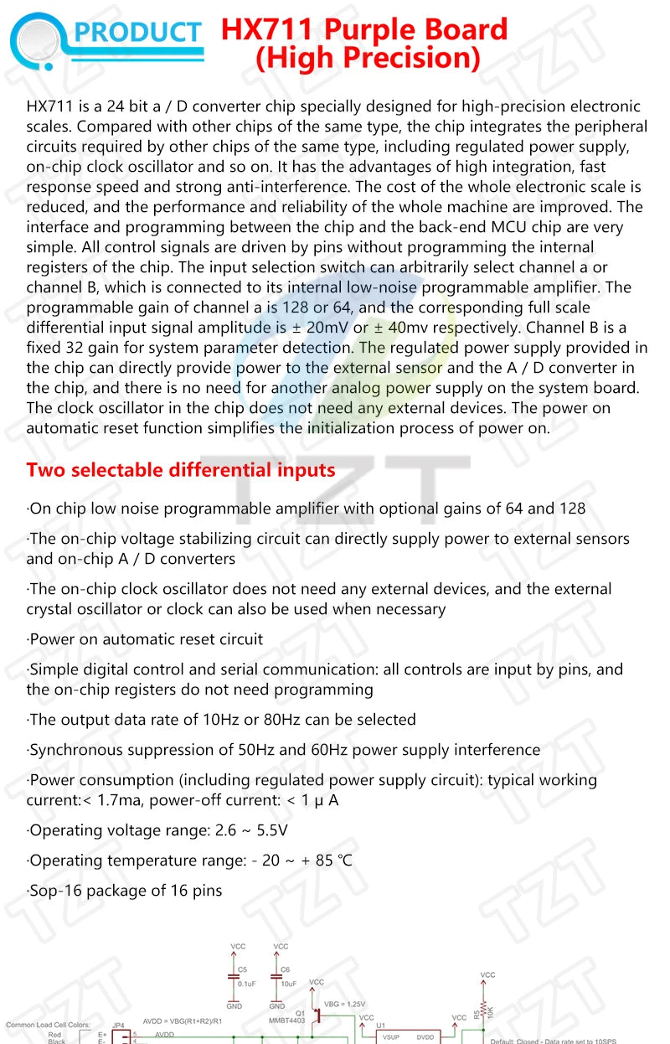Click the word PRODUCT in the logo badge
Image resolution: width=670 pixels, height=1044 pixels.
click(x=139, y=34)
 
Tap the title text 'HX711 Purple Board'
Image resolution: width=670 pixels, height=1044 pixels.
click(x=364, y=30)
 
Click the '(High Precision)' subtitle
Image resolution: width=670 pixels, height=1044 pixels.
click(x=368, y=59)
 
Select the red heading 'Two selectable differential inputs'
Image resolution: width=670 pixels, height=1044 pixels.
click(x=181, y=470)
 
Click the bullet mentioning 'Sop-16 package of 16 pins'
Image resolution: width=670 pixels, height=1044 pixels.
click(x=126, y=891)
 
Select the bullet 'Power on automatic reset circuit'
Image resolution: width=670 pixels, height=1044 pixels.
click(x=146, y=639)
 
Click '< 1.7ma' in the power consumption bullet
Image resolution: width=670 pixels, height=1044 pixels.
click(x=112, y=800)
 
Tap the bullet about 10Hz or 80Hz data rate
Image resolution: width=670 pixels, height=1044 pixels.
click(x=223, y=720)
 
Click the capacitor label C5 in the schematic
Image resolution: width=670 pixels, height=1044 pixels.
click(x=242, y=969)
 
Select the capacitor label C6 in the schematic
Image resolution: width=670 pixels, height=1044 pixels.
click(x=286, y=969)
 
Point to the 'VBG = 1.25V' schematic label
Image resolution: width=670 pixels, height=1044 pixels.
click(x=344, y=1004)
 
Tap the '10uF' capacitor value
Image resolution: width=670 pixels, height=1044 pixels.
click(x=289, y=983)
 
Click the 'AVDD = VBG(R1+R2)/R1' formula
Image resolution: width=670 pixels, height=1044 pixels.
click(x=183, y=1021)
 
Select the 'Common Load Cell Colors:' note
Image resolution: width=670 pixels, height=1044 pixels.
click(x=47, y=1025)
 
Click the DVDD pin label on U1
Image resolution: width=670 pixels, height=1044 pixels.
click(x=425, y=1036)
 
